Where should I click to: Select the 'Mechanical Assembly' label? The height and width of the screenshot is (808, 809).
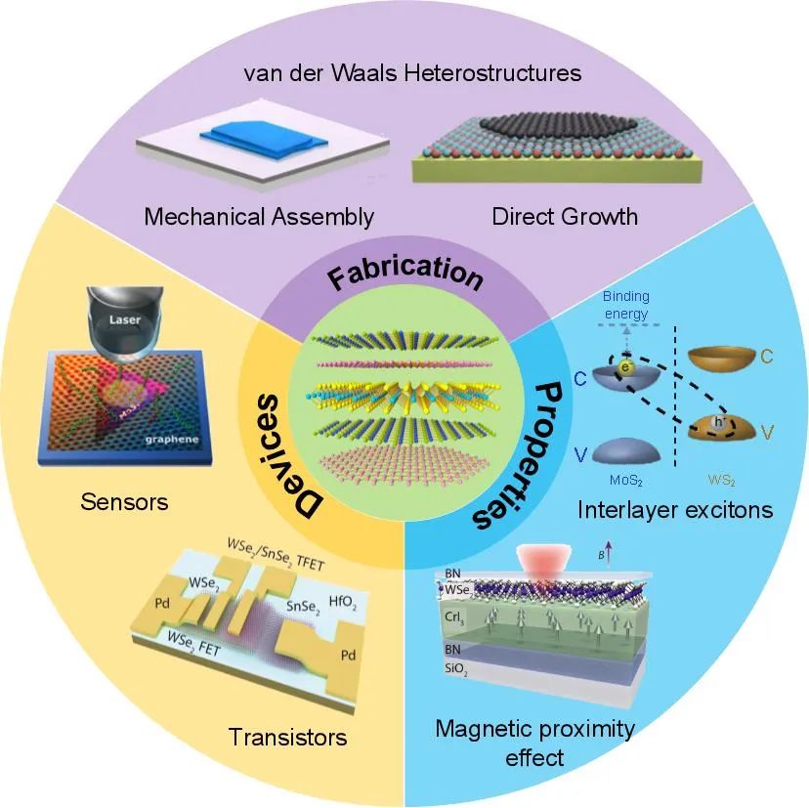259,216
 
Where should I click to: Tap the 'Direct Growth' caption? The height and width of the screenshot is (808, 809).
565,216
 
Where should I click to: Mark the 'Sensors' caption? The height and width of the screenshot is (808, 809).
124,502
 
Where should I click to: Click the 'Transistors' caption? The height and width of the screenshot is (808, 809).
286,736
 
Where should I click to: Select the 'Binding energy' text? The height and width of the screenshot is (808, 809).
625,304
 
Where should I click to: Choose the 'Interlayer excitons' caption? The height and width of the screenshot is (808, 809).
675,509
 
